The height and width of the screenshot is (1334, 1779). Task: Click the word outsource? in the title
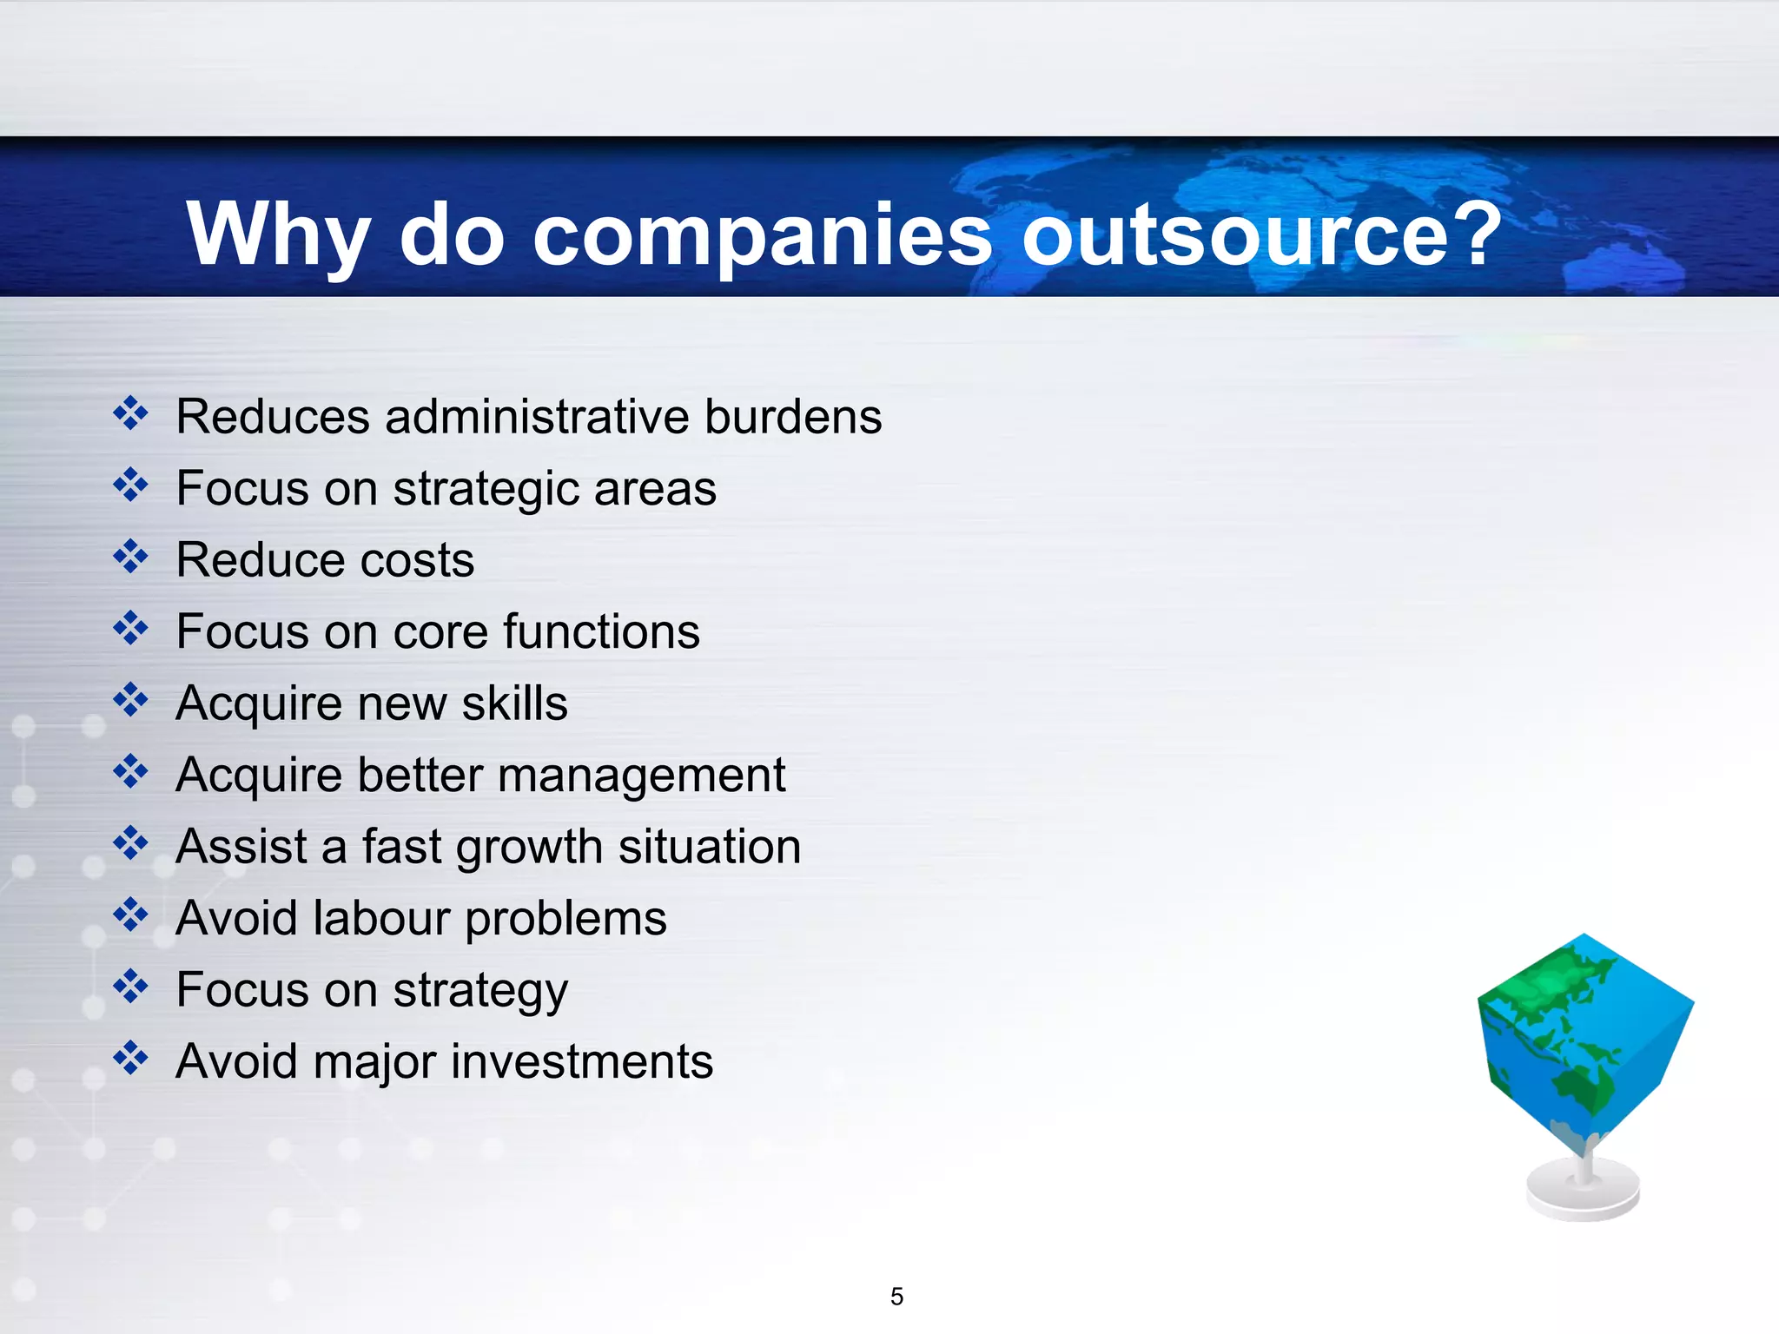(1261, 234)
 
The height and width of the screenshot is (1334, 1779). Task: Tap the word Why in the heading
(278, 234)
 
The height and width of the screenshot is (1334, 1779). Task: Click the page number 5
(896, 1297)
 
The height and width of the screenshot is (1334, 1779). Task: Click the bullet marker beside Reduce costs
(130, 557)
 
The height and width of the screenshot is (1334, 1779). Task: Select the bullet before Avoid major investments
(130, 1059)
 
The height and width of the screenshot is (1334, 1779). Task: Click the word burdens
(793, 417)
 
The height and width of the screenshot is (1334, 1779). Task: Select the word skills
(514, 703)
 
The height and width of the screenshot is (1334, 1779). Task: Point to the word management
(642, 776)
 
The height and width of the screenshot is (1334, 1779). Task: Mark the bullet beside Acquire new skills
(130, 700)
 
